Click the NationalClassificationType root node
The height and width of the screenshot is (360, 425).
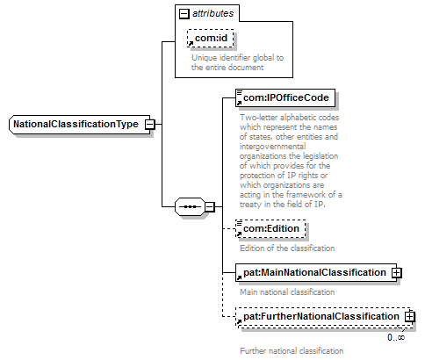click(79, 125)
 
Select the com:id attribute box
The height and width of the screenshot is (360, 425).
click(211, 38)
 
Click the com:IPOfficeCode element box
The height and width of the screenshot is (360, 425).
click(285, 97)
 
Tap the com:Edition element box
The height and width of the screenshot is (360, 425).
click(270, 228)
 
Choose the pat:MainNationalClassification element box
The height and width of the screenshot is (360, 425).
click(316, 272)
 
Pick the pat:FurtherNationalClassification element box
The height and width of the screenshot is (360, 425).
click(324, 316)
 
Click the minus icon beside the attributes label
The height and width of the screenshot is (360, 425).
click(184, 14)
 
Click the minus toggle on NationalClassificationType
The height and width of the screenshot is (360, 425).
click(149, 125)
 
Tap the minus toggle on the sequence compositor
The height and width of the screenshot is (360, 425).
click(210, 207)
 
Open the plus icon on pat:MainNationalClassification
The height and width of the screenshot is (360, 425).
click(397, 273)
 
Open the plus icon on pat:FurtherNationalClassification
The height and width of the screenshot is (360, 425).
click(409, 317)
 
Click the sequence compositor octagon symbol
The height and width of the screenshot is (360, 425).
click(190, 207)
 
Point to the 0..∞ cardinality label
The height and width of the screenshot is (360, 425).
click(396, 337)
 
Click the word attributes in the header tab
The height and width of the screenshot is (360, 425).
click(212, 13)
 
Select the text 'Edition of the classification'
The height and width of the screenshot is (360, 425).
click(287, 248)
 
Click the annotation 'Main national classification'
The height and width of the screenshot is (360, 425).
click(287, 292)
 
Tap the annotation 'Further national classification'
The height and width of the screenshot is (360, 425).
click(292, 350)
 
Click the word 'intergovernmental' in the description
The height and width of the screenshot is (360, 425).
click(273, 147)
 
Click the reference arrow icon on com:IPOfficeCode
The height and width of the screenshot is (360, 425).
click(239, 103)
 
